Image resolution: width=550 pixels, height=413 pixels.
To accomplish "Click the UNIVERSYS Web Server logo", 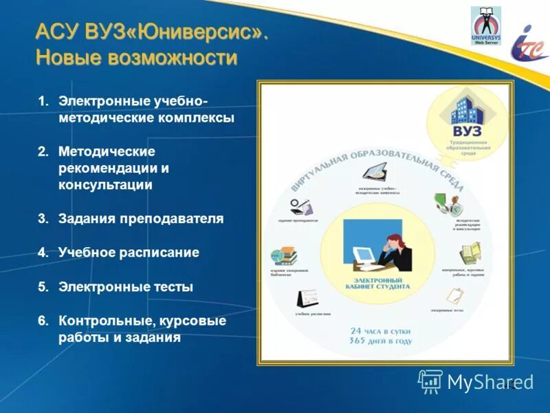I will (485, 25).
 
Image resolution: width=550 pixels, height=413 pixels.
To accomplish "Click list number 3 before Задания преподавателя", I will (43, 219).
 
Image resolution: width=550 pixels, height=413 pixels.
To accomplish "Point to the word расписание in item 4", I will (163, 253).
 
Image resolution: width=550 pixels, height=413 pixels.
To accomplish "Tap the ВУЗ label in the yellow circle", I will (467, 131).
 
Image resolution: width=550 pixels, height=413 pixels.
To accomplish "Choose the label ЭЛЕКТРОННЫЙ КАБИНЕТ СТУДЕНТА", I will (382, 284).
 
